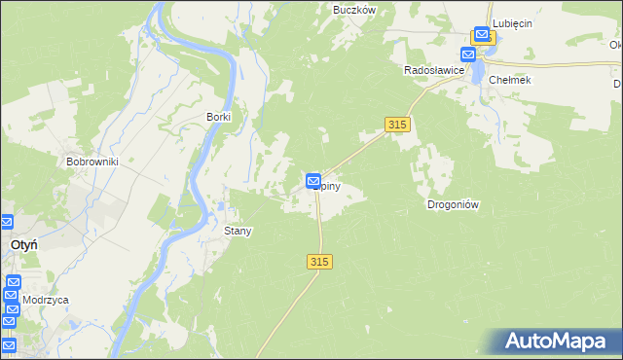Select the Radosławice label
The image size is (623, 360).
click(x=434, y=70)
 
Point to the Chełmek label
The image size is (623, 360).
click(x=510, y=80)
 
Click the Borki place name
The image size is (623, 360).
click(x=218, y=117)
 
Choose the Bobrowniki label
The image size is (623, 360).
click(x=92, y=162)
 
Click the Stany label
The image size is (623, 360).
click(x=238, y=232)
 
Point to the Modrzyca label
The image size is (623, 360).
click(x=46, y=301)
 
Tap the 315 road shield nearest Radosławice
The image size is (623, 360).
click(x=397, y=125)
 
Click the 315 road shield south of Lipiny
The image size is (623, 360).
click(x=320, y=262)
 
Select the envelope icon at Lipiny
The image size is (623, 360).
click(x=313, y=181)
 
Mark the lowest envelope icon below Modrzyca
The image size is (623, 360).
click(x=8, y=344)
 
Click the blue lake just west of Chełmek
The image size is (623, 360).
click(x=479, y=70)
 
